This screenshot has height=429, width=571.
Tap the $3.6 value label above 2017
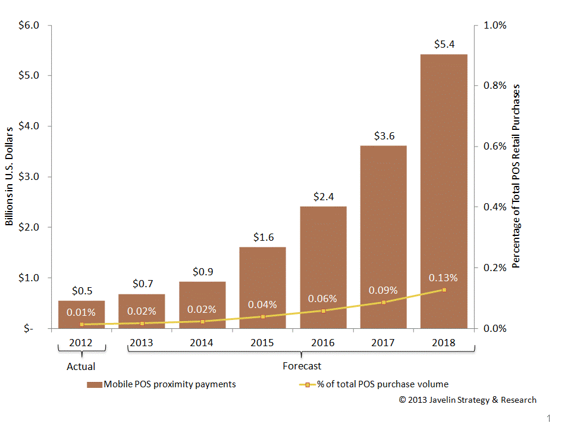pos(383,136)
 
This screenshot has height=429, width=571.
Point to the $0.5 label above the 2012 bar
pos(81,291)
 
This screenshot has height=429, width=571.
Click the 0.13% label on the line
pos(443,278)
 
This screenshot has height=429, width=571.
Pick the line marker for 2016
pos(323,311)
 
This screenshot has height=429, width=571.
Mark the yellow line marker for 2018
pos(444,290)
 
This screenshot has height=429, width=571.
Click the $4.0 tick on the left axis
pos(30,126)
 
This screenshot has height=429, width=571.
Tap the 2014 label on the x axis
pos(202,343)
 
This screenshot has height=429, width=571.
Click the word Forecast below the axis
pos(302,366)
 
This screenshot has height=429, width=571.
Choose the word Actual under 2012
pos(81,366)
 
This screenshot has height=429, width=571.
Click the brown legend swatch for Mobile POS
pos(94,384)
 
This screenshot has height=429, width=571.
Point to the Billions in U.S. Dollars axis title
pos(10,177)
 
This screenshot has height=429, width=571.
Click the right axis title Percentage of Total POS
pos(516,176)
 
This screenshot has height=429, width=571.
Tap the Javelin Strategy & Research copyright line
pos(468,400)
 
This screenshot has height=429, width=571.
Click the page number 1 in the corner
pos(548,419)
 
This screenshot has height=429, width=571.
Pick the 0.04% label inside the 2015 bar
pos(262,304)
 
